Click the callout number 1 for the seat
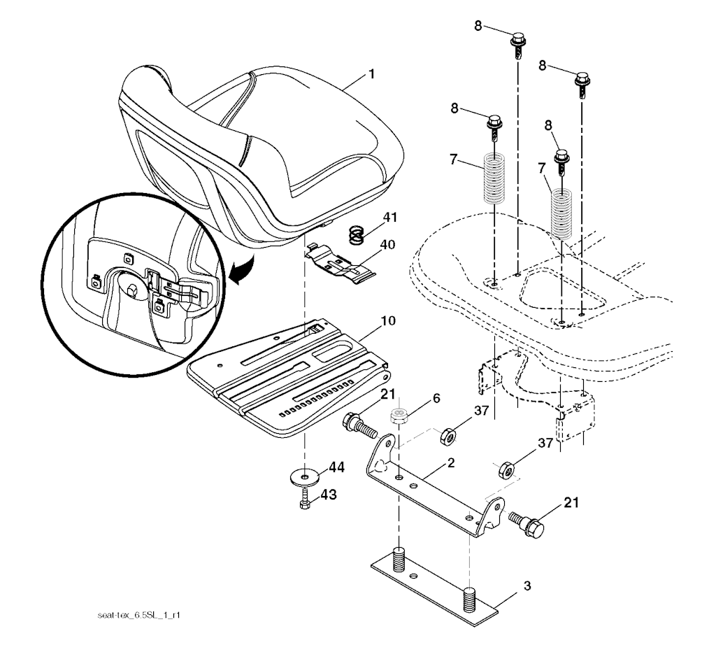371,73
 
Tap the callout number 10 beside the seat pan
388,320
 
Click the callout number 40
387,245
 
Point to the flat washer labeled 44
303,479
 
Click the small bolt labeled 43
305,498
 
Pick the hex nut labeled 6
399,416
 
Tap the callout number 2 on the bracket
451,463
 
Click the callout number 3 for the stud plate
527,586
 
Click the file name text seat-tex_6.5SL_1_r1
139,615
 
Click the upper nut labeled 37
448,436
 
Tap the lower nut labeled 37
506,470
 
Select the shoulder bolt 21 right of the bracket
527,526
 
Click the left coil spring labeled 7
494,178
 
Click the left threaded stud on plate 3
399,559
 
